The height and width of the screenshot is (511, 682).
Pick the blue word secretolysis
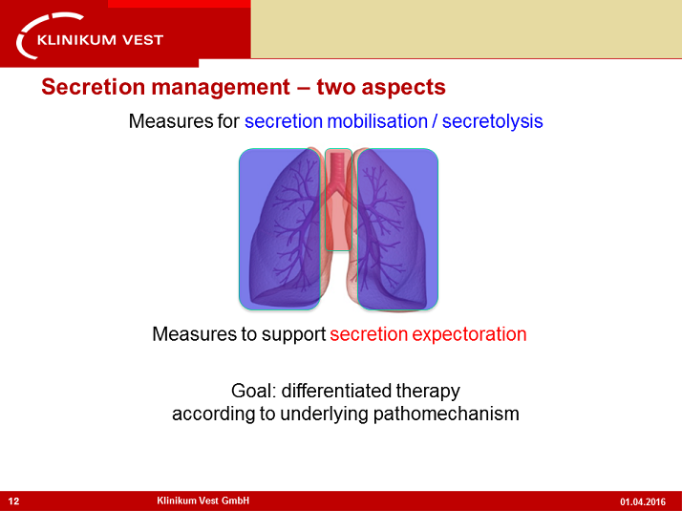[x=492, y=121]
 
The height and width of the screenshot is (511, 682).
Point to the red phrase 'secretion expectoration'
[x=428, y=334]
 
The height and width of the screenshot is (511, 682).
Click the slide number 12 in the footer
[x=13, y=500]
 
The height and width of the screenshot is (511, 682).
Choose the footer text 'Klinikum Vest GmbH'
[x=202, y=500]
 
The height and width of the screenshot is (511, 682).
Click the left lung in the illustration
[x=279, y=229]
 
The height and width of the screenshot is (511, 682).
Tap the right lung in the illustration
[x=396, y=229]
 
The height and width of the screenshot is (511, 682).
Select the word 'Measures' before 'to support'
[x=189, y=334]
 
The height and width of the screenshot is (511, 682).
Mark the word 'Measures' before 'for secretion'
[x=165, y=121]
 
